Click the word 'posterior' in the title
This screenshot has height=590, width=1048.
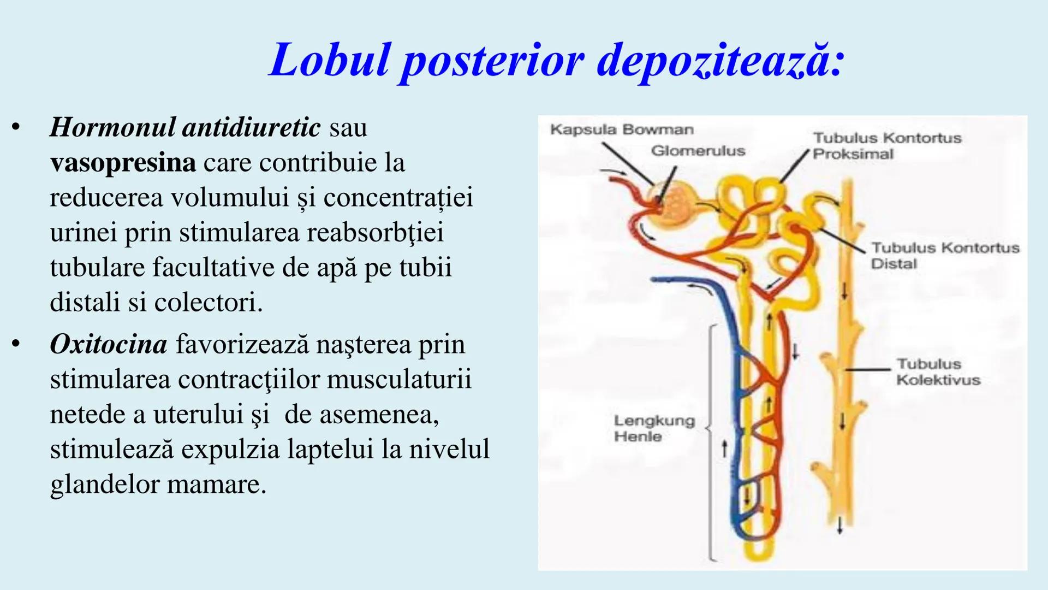493,61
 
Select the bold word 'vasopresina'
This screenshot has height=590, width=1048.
123,162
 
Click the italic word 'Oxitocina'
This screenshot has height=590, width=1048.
108,344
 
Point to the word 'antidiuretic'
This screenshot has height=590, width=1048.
251,127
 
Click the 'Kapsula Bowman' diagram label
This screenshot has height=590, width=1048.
622,129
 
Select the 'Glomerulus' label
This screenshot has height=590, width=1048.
698,151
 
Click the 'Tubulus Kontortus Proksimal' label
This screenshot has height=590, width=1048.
886,146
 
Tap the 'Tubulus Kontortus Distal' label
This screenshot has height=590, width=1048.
945,256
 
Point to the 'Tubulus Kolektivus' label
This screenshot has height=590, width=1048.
938,371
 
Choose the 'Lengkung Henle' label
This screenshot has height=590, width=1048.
654,428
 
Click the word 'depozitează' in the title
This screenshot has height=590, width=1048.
720,61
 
